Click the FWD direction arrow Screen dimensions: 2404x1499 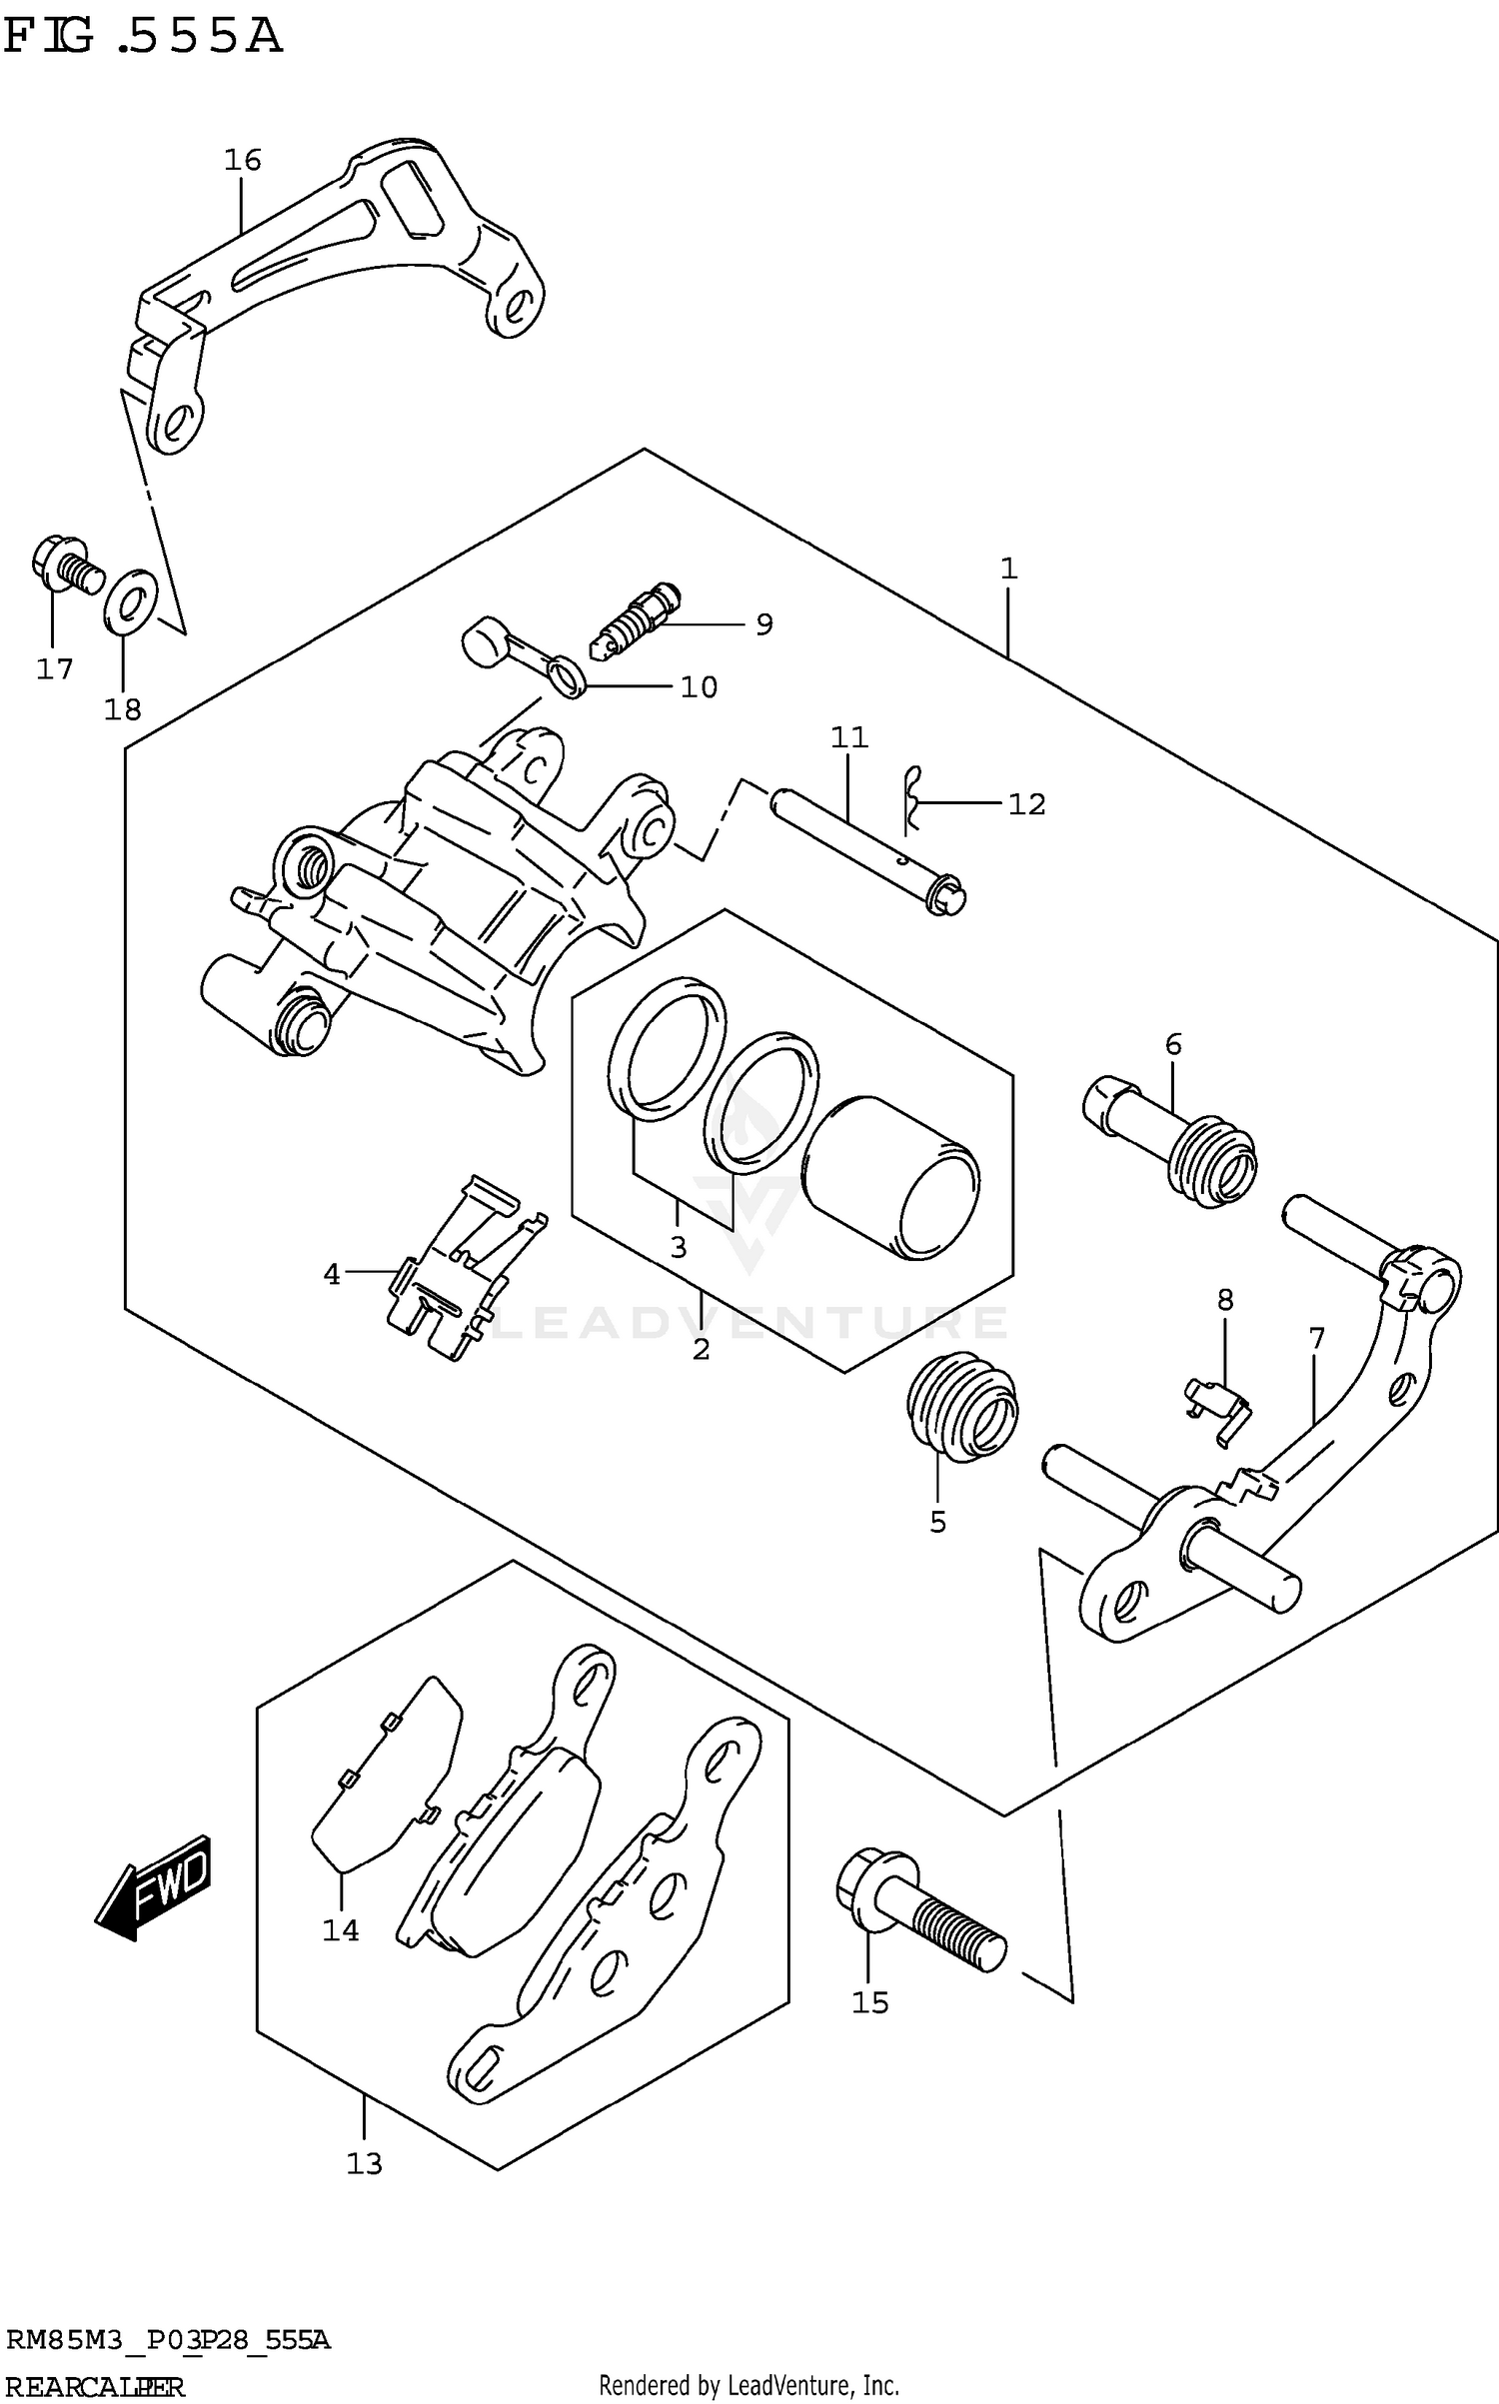(x=155, y=1888)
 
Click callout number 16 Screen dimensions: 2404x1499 (x=242, y=160)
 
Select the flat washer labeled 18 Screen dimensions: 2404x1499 (x=130, y=601)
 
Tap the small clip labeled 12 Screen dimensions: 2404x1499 (x=911, y=799)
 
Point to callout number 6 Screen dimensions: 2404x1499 (x=1172, y=1044)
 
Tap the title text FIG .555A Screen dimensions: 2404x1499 (x=143, y=37)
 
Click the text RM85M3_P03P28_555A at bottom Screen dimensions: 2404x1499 (x=168, y=2339)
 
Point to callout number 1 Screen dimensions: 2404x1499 (x=1008, y=569)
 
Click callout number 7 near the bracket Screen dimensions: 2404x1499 (x=1315, y=1338)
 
